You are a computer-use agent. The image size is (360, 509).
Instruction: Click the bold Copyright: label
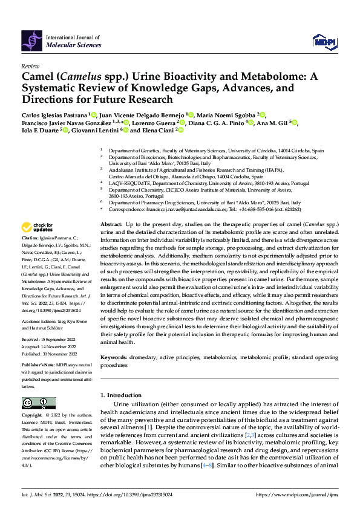(32, 415)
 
